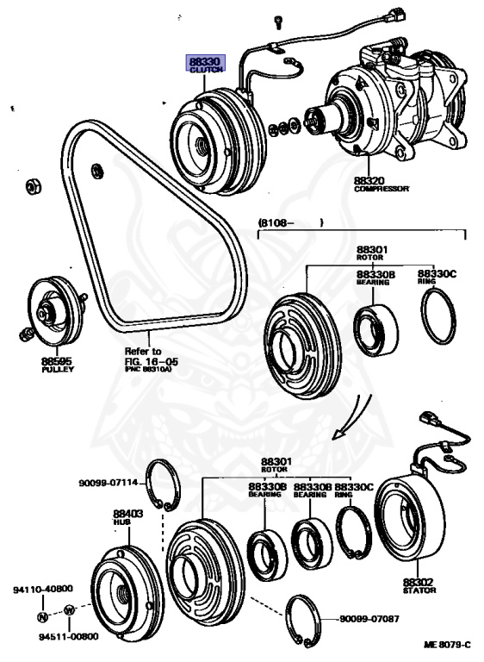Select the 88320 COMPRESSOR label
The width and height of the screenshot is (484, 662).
(x=380, y=184)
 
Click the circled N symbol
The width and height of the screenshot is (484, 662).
(x=41, y=616)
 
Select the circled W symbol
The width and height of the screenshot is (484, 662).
(x=68, y=611)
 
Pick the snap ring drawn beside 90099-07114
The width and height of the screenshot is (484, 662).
(x=158, y=486)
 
